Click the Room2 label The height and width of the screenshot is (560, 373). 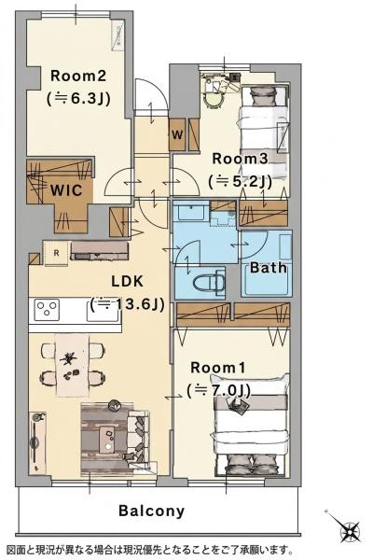coord(78,77)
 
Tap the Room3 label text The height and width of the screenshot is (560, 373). coord(240,159)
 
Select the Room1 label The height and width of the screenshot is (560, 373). coord(217,368)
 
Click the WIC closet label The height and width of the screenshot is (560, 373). coord(66,190)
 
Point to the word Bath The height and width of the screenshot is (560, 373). coord(268,268)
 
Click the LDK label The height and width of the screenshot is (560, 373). coord(128,282)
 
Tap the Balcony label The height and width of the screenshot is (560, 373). coord(151,511)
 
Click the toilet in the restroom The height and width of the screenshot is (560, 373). coord(209,283)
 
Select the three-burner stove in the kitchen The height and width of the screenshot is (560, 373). coord(47,310)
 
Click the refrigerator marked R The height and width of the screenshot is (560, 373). coord(56,253)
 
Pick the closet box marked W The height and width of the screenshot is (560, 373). coord(177,134)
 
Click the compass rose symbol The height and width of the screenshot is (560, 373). coord(351,530)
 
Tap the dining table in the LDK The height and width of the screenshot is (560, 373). coord(73,365)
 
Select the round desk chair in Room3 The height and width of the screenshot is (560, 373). coord(214,101)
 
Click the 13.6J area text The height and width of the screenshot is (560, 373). coord(128,304)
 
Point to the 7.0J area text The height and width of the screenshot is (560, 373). coord(218,391)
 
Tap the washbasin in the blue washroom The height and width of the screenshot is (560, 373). coord(190,212)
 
